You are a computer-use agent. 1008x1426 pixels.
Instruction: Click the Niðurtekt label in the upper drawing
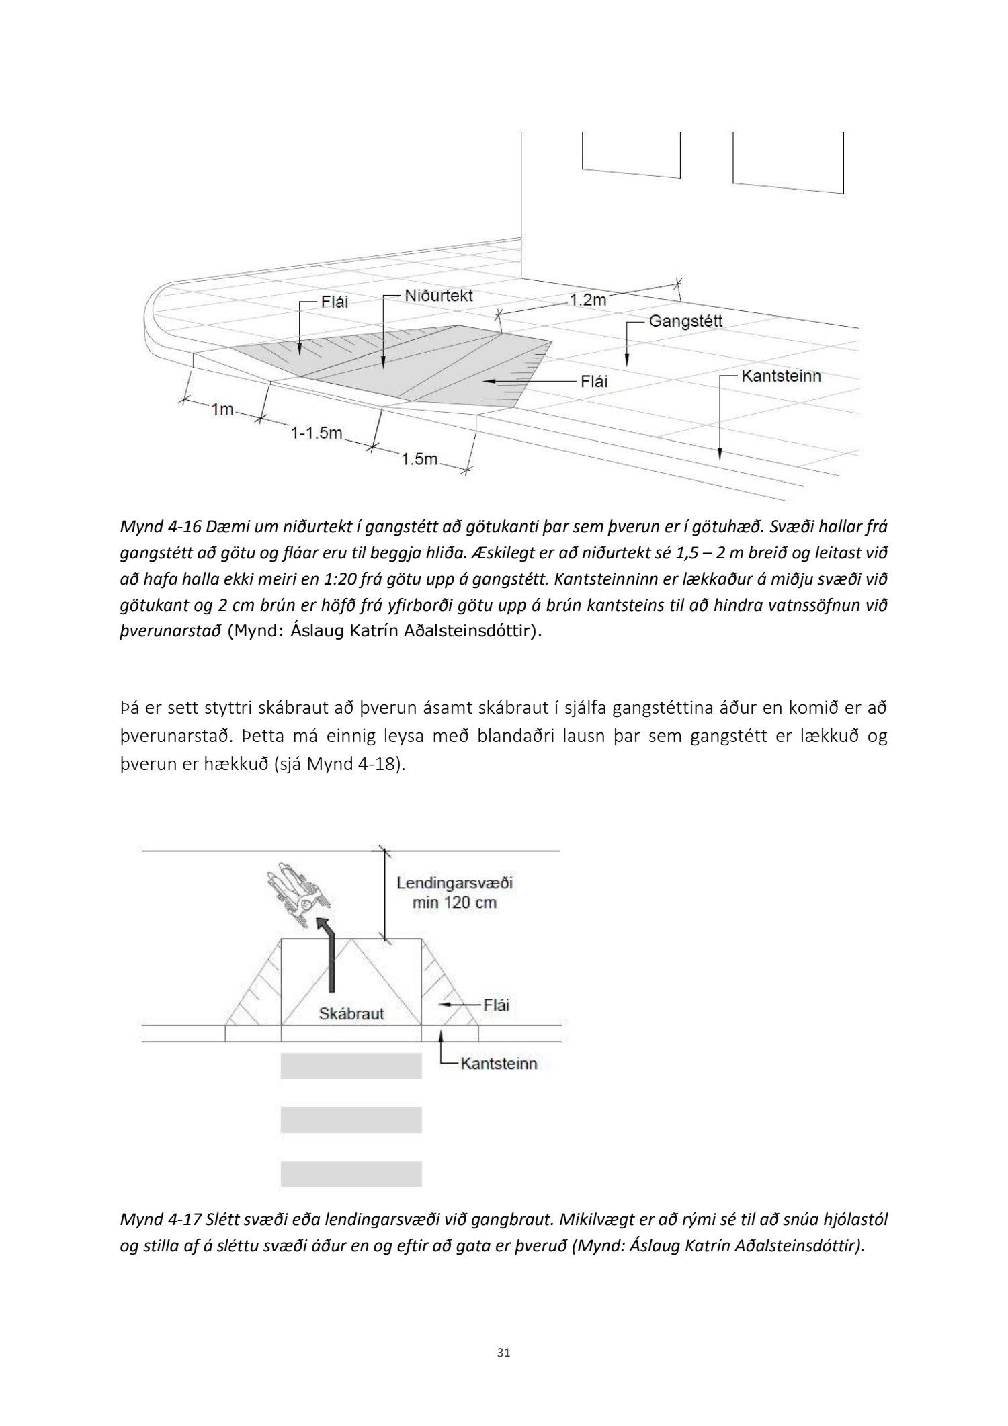439,296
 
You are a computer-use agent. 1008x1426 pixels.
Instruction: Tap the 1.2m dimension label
588,300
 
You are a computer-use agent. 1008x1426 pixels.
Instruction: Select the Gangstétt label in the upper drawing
685,321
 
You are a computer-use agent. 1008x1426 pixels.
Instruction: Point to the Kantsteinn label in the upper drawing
781,376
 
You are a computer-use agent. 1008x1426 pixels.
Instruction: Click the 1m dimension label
222,409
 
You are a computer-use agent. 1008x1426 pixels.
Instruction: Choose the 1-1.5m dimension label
317,433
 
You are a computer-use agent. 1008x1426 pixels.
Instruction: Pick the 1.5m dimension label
419,460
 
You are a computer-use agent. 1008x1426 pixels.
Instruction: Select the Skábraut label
351,1013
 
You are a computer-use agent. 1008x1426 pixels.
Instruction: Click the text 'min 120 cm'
454,902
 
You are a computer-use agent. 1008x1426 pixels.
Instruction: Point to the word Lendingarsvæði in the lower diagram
454,883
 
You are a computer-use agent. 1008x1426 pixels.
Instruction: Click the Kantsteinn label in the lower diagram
499,1064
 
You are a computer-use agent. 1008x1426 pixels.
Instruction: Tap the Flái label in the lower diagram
496,1005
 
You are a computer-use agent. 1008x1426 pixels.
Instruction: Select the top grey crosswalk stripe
351,1066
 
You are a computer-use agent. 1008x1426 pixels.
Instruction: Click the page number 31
503,1353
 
